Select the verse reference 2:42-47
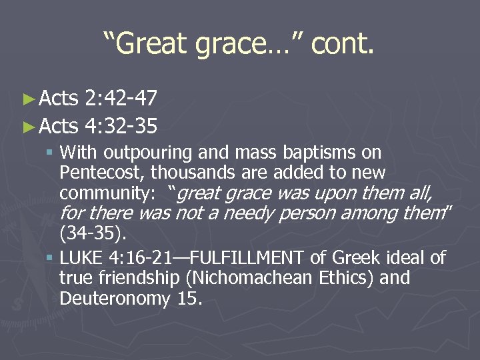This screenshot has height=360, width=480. point(122,99)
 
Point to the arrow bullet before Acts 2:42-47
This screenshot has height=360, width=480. point(28,100)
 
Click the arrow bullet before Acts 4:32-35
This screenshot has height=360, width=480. point(28,125)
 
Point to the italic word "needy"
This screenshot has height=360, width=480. point(249,214)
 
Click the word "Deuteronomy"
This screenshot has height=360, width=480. point(115,298)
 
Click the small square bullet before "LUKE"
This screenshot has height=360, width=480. point(51,257)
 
